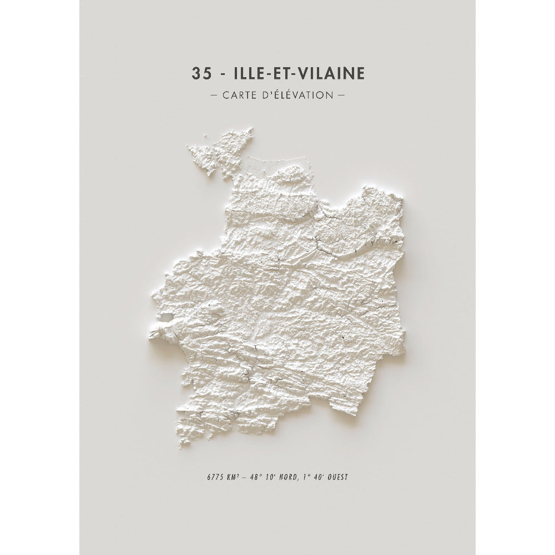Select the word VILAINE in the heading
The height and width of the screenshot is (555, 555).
(331, 74)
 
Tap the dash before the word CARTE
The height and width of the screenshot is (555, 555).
(214, 95)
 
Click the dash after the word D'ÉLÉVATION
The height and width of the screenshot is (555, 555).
(341, 95)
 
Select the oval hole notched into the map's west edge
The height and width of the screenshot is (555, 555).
(166, 318)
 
